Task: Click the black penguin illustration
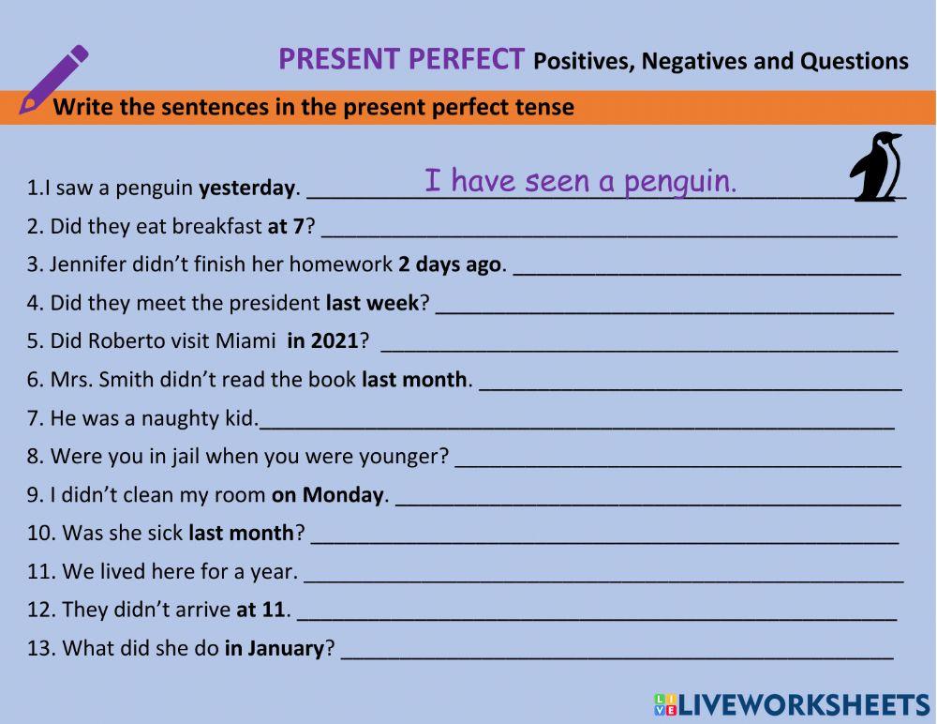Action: (876, 167)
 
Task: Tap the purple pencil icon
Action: (53, 80)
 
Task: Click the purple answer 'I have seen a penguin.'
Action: (580, 180)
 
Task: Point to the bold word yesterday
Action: (246, 188)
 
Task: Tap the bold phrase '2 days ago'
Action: (450, 264)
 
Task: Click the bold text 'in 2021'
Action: (322, 341)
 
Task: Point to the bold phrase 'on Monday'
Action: (328, 495)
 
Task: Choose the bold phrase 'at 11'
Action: (260, 611)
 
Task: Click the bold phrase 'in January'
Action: (274, 649)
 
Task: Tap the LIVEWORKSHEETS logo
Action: (792, 705)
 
